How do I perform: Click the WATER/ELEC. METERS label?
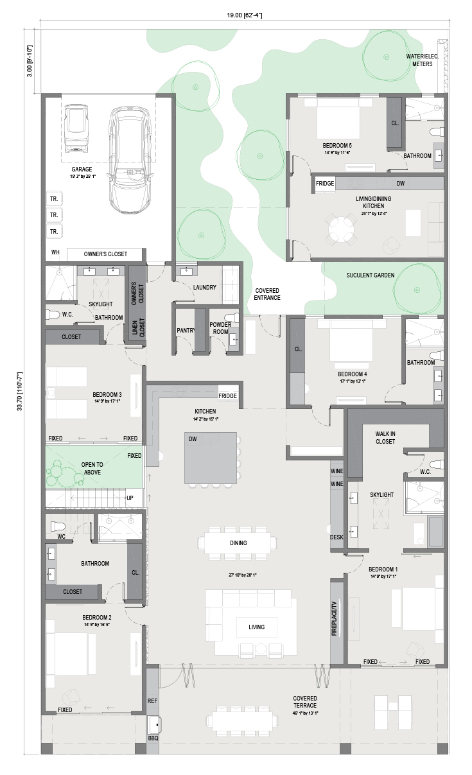click(422, 60)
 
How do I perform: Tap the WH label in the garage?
click(55, 252)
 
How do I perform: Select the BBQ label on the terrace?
click(153, 738)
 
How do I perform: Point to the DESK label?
click(337, 537)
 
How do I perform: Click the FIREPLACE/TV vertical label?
click(334, 618)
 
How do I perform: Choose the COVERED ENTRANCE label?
click(267, 294)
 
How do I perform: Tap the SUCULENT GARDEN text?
click(371, 275)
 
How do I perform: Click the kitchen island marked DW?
click(211, 458)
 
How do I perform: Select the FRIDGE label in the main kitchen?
click(227, 396)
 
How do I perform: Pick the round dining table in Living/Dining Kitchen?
click(341, 229)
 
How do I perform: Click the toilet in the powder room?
click(232, 318)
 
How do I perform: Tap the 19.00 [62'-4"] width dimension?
click(244, 15)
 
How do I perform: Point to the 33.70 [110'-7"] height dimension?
click(20, 391)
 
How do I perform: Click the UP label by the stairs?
click(130, 498)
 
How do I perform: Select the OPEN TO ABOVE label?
click(92, 469)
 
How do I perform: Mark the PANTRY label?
click(186, 331)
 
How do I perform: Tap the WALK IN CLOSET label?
click(385, 438)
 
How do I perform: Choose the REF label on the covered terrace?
click(152, 701)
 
